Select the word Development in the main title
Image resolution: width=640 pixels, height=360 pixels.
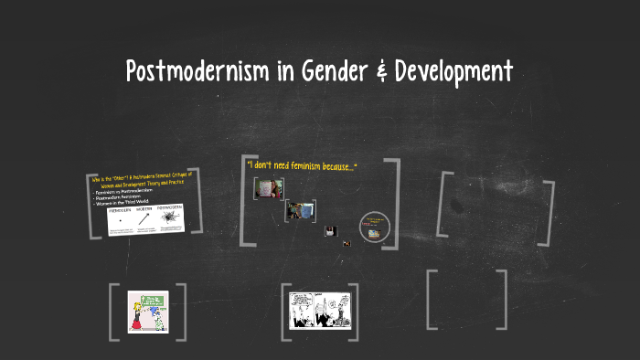coord(452,70)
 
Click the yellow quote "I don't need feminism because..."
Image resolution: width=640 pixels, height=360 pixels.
coord(302,165)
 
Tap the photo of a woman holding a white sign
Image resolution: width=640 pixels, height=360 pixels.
coord(268,188)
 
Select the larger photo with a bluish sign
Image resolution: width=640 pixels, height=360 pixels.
coord(299,210)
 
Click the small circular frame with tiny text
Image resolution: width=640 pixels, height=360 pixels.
coord(374,228)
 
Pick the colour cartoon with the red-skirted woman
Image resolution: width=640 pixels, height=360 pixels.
coord(147,311)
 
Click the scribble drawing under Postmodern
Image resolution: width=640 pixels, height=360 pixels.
coord(170,220)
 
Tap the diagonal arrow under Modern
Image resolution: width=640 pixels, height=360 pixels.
coord(145,220)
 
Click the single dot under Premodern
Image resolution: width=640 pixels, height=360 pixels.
coord(121,221)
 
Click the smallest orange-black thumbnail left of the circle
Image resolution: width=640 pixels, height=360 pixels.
coord(347,243)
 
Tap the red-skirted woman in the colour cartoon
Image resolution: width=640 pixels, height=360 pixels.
coord(136,315)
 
